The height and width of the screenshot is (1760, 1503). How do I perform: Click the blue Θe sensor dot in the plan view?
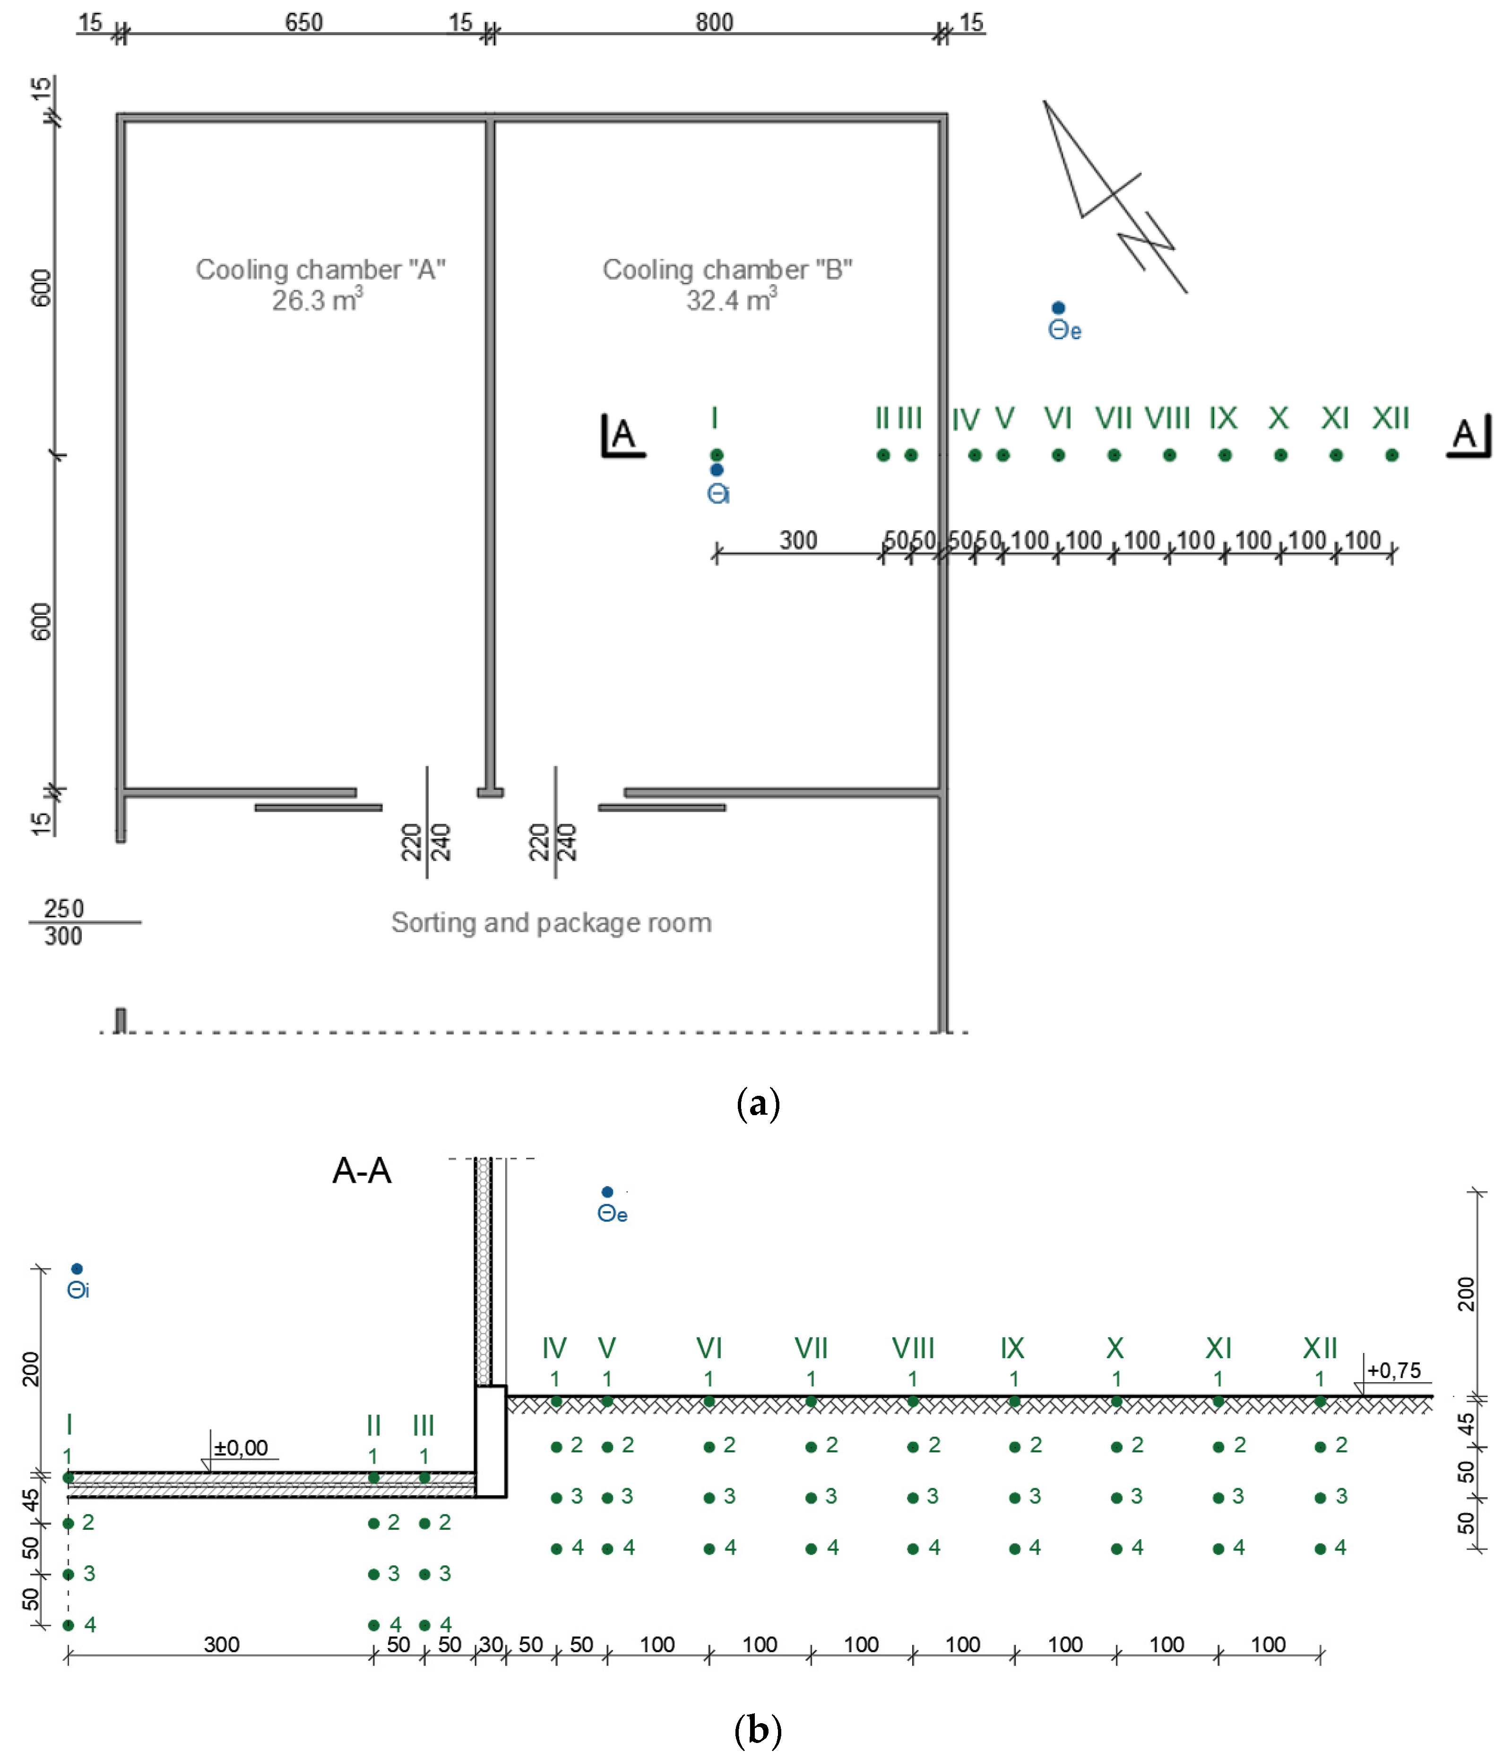(1058, 307)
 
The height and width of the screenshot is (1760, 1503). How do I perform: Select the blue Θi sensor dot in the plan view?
(717, 470)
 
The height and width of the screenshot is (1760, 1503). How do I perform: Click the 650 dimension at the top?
(304, 22)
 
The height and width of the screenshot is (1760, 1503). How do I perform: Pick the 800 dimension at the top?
(714, 22)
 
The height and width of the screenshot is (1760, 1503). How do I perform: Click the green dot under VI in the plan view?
(1058, 455)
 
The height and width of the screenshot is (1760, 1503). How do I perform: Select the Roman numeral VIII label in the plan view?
(1167, 418)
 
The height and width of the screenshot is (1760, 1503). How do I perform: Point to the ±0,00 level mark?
(241, 1448)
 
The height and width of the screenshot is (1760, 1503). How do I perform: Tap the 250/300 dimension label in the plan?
(64, 922)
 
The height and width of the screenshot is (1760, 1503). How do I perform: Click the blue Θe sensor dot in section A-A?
(607, 1192)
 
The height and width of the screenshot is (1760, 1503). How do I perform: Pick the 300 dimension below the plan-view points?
(798, 540)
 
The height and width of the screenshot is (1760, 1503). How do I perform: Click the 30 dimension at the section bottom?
(491, 1645)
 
